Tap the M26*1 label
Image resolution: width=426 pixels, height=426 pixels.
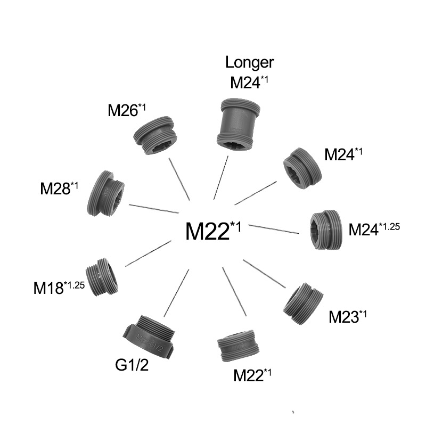[127, 110]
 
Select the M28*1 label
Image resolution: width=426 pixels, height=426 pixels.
[59, 188]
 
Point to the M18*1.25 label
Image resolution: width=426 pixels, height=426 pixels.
[59, 288]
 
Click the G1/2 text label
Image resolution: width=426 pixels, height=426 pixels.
[133, 366]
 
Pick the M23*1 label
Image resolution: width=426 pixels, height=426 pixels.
[348, 316]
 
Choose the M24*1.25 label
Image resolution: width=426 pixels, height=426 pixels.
[374, 229]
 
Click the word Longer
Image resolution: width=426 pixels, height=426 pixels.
[249, 62]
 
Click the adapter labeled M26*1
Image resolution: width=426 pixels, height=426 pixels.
[154, 135]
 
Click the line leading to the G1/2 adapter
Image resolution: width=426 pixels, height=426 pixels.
[177, 292]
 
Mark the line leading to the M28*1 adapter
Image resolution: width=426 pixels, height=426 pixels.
[154, 208]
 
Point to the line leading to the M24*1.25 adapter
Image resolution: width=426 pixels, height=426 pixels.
[274, 229]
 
